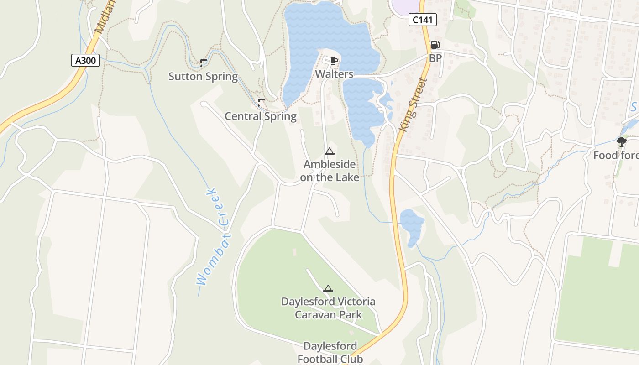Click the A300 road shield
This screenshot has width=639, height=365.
pos(85,60)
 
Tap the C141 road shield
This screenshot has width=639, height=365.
pos(422,20)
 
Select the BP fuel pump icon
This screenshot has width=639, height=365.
pos(435,45)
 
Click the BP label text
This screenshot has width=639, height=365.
pos(435,58)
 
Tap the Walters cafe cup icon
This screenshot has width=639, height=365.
pos(334,61)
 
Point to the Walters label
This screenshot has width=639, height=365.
pos(335,74)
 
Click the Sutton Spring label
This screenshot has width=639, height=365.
pos(203,76)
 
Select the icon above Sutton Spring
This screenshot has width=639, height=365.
pos(204,63)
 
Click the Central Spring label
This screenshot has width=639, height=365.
pos(260,116)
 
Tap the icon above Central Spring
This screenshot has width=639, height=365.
pos(261,102)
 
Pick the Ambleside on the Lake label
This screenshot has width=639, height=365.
pos(330,171)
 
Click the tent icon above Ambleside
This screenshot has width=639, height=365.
pos(329,151)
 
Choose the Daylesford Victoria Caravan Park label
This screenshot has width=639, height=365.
pos(328,308)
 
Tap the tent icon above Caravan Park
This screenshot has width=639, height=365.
pos(328,288)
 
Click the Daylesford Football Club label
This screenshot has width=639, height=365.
pos(330,352)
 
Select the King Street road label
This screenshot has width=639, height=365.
pos(413,105)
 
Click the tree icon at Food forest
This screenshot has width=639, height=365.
pos(621,142)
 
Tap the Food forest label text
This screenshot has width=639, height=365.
pos(616,156)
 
